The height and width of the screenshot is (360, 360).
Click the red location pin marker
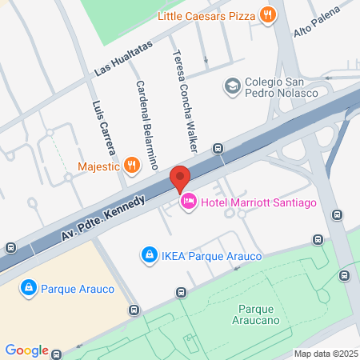(x=180, y=178)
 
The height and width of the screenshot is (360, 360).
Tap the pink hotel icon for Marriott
(x=190, y=202)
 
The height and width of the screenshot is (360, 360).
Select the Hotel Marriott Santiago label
(x=259, y=202)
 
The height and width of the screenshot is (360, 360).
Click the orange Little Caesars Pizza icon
(x=268, y=14)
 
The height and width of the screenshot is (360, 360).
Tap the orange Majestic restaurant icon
(x=132, y=166)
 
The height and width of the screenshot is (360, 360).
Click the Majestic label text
(x=99, y=167)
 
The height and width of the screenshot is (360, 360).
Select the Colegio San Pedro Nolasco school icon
(x=233, y=86)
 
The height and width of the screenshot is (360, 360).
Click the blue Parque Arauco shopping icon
(x=28, y=286)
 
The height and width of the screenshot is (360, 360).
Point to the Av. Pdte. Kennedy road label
(x=104, y=218)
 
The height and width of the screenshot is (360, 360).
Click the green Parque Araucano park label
(x=263, y=314)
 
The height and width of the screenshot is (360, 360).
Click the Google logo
(x=26, y=350)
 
